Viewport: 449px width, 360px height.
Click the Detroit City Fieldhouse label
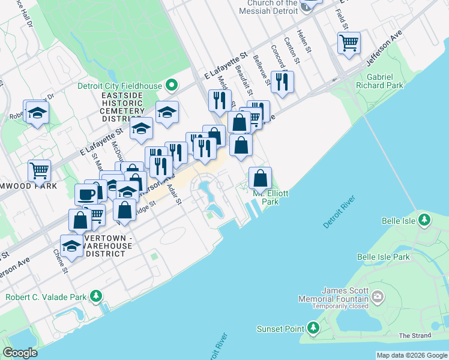click(x=120, y=86)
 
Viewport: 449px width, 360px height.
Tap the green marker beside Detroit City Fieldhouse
click(x=171, y=85)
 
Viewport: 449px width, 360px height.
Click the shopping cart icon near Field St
click(x=348, y=43)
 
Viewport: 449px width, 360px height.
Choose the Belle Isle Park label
click(x=383, y=257)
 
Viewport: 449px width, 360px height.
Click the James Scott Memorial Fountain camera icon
click(x=377, y=296)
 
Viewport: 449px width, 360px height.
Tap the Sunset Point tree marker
click(x=313, y=328)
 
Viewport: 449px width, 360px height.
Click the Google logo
click(x=20, y=353)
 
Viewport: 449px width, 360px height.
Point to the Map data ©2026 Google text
click(x=412, y=355)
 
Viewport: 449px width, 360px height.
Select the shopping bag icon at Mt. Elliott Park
click(x=260, y=178)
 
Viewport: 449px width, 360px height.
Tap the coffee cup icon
click(x=86, y=194)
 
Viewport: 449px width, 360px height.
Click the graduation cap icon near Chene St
click(x=71, y=246)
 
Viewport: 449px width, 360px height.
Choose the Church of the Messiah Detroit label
click(x=268, y=7)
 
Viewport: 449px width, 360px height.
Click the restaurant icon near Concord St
click(x=282, y=82)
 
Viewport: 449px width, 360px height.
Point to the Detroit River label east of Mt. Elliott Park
click(x=339, y=211)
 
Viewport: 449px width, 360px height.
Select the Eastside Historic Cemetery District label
click(x=115, y=107)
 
